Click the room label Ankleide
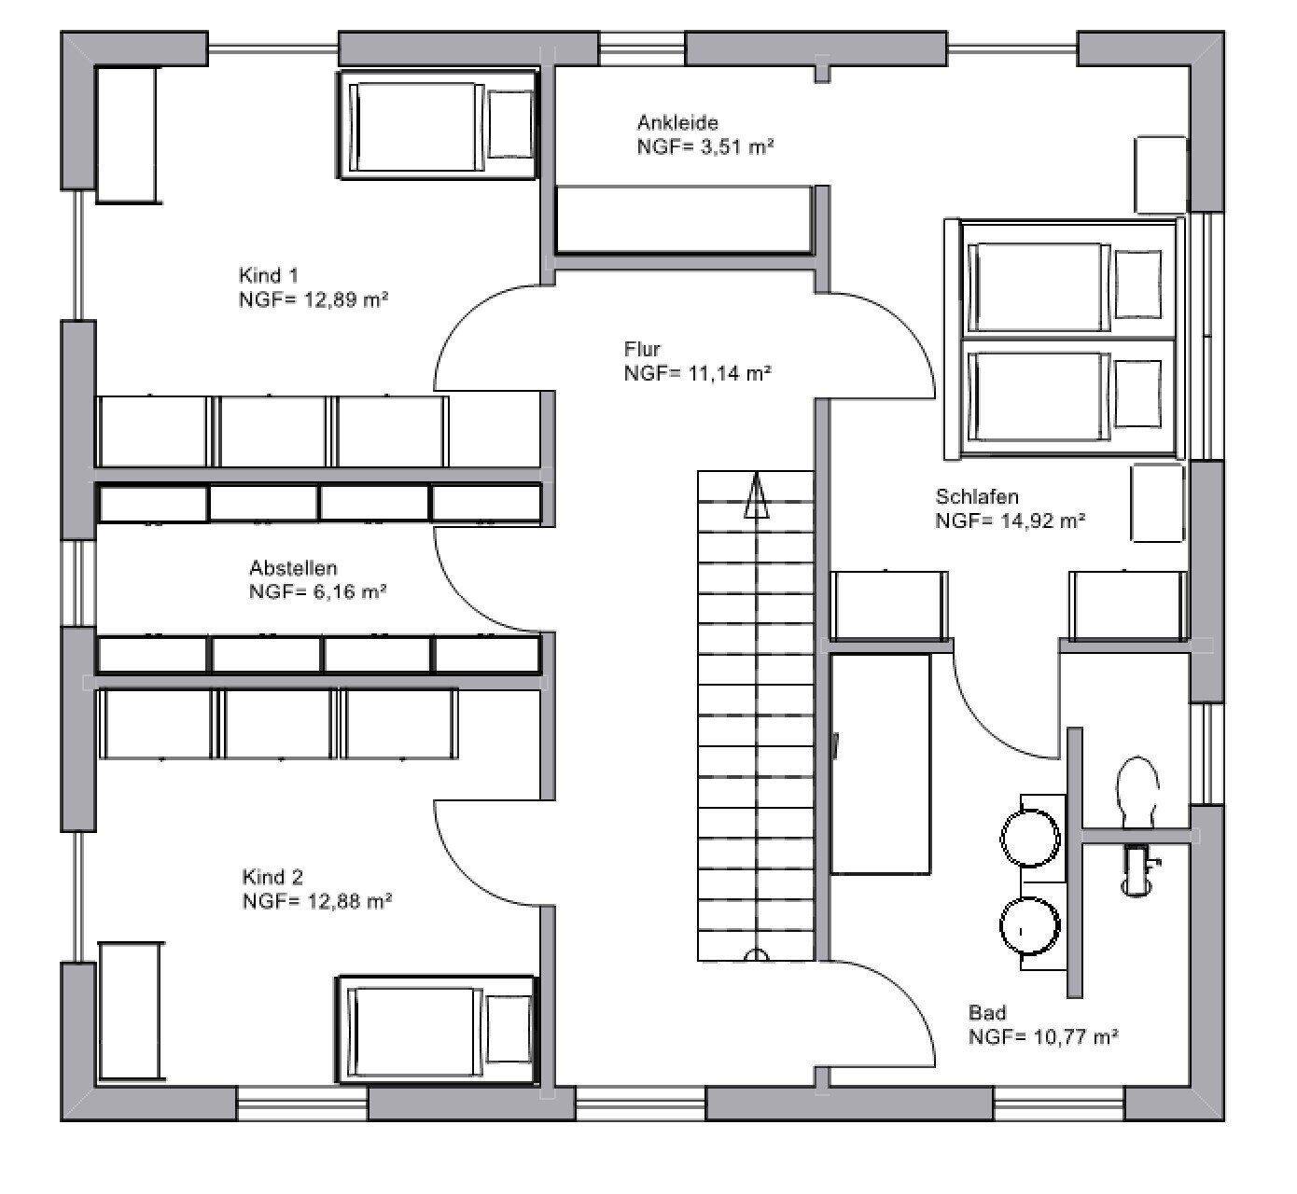676,122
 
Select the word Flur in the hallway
641,349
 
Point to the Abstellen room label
293,567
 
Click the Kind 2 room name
272,877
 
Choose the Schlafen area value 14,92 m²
1042,521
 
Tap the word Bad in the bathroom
986,1011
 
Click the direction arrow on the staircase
756,495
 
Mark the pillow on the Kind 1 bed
509,123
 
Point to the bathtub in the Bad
880,764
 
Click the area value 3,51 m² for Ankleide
737,146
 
